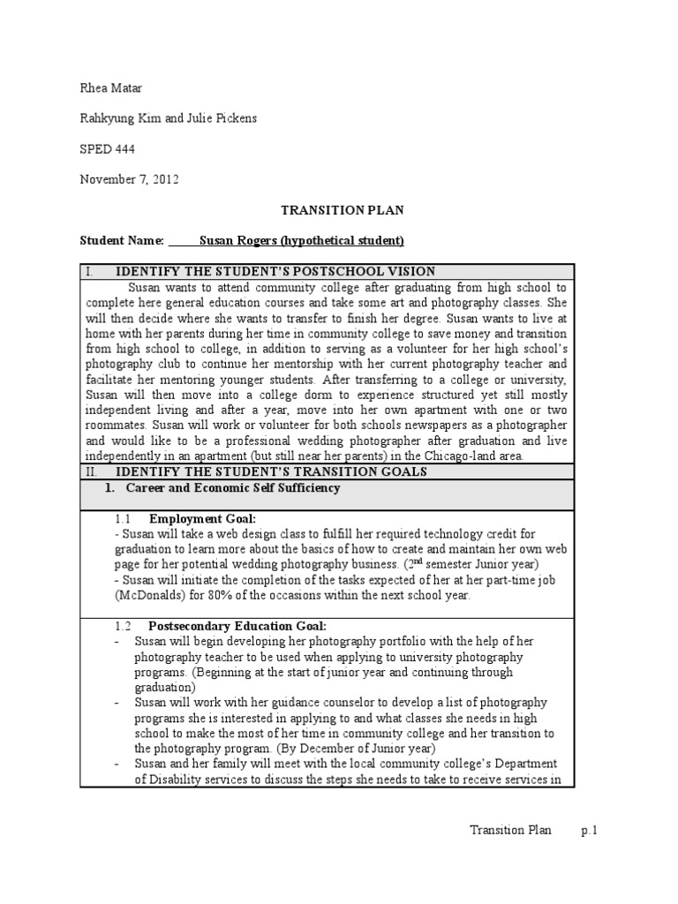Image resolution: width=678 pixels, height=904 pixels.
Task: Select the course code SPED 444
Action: [x=108, y=149]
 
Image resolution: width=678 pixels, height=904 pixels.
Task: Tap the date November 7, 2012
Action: [x=130, y=179]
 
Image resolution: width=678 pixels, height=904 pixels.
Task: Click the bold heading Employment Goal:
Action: [x=202, y=518]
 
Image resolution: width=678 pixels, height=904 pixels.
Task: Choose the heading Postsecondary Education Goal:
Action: [x=237, y=625]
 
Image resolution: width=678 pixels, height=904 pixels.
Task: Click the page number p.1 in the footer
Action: [x=589, y=830]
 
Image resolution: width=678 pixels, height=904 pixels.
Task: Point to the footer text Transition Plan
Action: [x=510, y=830]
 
